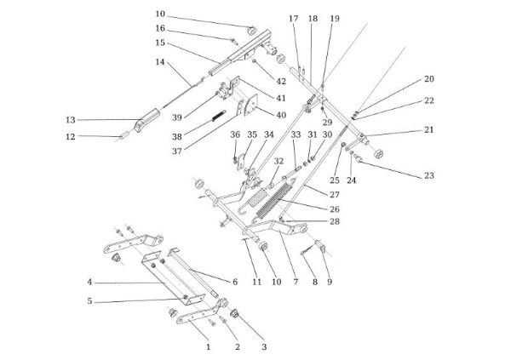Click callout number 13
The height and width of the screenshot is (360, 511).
(x=71, y=120)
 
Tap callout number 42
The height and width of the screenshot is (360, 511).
(x=281, y=81)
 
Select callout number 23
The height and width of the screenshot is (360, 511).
(x=429, y=175)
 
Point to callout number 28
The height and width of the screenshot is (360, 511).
(x=335, y=221)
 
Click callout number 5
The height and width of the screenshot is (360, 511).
(x=89, y=301)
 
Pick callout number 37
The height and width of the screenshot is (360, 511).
(x=177, y=151)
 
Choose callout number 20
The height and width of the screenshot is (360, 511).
(x=429, y=79)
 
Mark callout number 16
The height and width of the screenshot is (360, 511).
(x=160, y=29)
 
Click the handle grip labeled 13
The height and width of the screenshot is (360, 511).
(x=147, y=120)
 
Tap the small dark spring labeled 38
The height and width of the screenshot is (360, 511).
(x=219, y=116)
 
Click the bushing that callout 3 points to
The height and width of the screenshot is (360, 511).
(x=235, y=314)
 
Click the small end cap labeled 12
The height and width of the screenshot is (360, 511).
(x=123, y=135)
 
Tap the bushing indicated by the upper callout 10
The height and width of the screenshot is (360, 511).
(x=252, y=31)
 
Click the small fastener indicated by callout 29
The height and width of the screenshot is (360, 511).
(x=322, y=109)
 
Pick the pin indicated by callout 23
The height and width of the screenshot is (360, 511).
(x=358, y=158)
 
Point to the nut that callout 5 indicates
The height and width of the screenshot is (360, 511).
(x=186, y=297)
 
